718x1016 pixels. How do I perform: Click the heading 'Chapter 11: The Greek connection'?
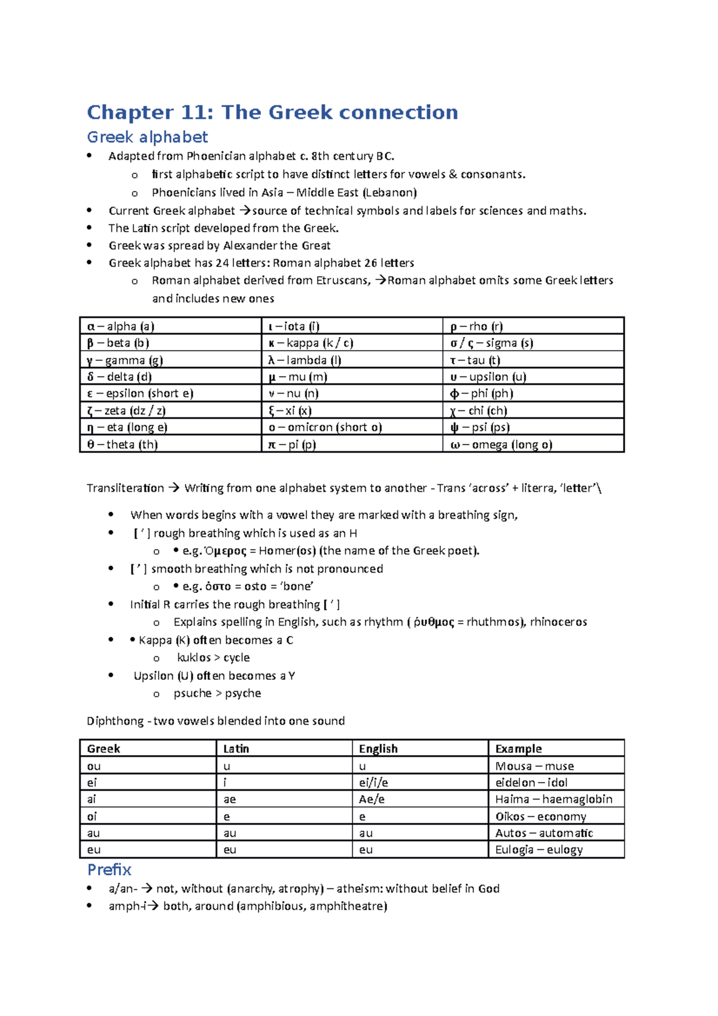coord(272,112)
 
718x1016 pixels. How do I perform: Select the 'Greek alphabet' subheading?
coord(147,138)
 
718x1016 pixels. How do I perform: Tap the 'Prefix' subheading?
coord(109,869)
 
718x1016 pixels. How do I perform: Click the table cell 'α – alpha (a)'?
coord(121,326)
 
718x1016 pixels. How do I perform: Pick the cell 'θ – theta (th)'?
coord(123,445)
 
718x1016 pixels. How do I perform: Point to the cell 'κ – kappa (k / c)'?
coord(311,343)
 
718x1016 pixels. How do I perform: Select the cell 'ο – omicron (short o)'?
coord(325,427)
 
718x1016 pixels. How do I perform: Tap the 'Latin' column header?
coord(236,749)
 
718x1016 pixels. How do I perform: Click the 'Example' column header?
coord(519,749)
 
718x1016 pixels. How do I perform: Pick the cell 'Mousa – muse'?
coord(534,766)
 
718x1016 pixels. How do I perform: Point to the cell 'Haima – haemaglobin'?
coord(553,799)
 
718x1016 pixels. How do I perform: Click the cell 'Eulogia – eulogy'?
coord(538,850)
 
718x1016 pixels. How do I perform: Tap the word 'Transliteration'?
coord(125,488)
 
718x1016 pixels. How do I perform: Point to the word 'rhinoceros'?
coord(558,622)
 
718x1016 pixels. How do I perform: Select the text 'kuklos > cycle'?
coord(213,658)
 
